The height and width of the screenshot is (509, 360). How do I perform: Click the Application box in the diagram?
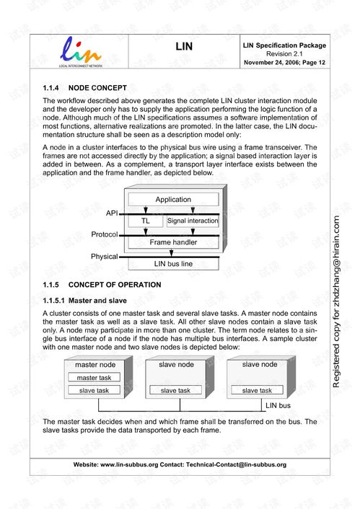[x=173, y=200]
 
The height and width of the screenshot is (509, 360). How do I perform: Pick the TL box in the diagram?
[x=146, y=221]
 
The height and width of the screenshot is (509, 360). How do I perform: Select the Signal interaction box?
[x=193, y=221]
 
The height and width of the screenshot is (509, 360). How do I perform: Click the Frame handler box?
[x=173, y=242]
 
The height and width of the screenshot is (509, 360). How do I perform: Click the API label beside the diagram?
[x=112, y=213]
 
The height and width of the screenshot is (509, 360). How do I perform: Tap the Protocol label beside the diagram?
[x=104, y=235]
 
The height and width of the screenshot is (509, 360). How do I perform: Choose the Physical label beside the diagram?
[x=104, y=257]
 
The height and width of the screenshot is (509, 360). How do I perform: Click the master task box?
[x=94, y=378]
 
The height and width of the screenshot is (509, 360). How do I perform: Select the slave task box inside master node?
[x=94, y=391]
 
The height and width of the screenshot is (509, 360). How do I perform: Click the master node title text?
[x=95, y=365]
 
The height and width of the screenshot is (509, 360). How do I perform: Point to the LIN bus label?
[x=278, y=406]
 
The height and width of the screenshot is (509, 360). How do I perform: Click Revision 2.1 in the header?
[x=285, y=54]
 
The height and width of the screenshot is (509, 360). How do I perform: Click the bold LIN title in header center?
[x=184, y=48]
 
